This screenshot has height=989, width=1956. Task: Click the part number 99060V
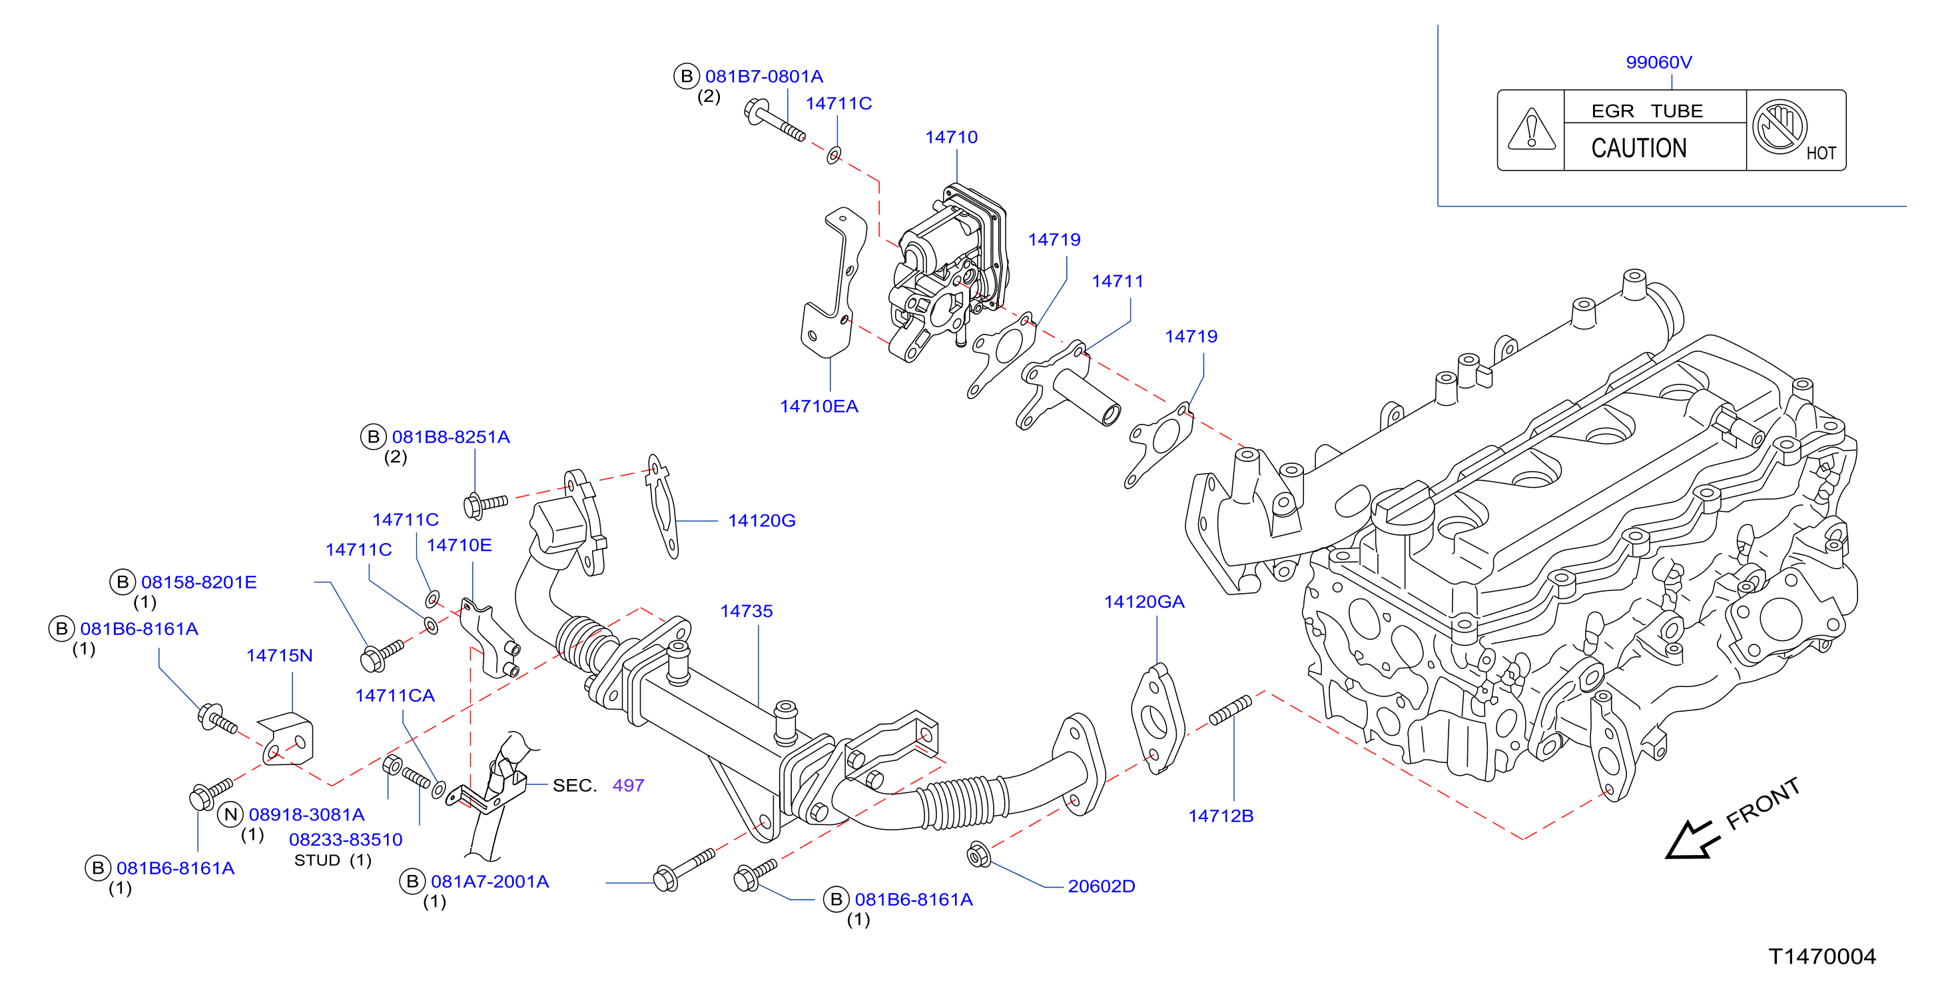click(1658, 62)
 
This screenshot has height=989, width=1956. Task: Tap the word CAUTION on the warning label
click(1638, 147)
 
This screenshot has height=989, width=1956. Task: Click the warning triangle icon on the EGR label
click(1531, 129)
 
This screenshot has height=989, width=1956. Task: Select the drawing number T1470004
click(1822, 956)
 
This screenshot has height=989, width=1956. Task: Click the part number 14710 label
click(952, 137)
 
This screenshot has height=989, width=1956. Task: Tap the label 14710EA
click(819, 407)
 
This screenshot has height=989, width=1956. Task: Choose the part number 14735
click(747, 612)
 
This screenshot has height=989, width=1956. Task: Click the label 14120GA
click(1144, 602)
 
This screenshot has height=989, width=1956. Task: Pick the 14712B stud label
click(1221, 816)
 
